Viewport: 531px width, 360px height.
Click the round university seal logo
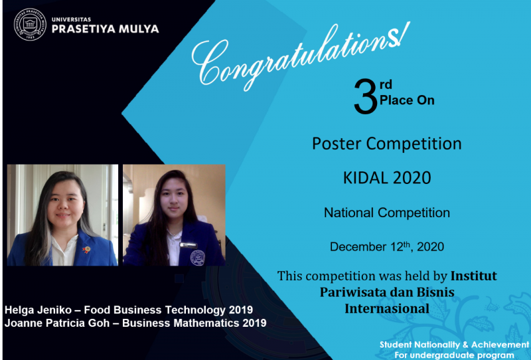point(30,25)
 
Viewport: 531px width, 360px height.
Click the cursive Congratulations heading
point(301,56)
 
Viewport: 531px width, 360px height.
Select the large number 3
point(366,96)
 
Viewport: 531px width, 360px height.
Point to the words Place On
point(407,100)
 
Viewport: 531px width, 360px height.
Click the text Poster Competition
point(387,143)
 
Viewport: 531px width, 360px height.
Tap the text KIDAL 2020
point(387,177)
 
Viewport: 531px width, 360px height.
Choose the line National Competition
point(387,213)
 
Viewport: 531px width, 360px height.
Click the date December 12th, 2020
point(387,246)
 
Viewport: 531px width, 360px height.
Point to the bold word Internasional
point(387,308)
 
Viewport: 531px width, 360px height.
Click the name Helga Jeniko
point(38,310)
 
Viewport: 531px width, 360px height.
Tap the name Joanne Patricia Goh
point(57,323)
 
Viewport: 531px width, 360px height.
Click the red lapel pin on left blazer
point(86,250)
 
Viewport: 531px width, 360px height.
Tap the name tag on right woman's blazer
point(189,244)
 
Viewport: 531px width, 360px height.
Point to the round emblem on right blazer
point(198,258)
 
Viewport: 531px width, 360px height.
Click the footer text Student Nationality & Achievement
point(454,345)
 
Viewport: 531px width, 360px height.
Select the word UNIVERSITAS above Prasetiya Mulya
point(71,19)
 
